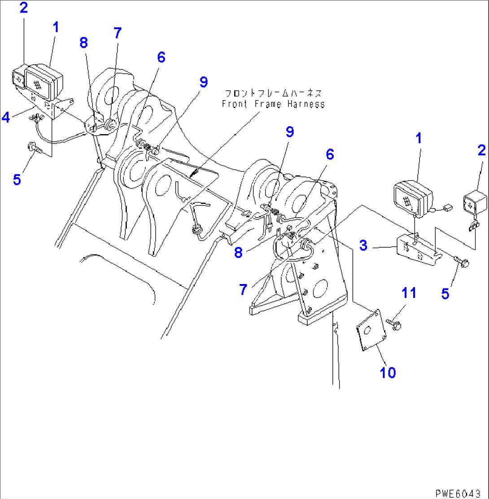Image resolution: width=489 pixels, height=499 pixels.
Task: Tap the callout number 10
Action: click(x=388, y=372)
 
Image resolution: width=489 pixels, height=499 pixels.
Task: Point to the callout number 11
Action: click(x=408, y=293)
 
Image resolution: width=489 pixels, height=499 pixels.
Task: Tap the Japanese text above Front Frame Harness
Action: click(x=273, y=94)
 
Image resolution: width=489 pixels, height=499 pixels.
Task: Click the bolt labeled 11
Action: click(x=393, y=324)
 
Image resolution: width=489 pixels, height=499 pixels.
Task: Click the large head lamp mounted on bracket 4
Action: click(x=44, y=82)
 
